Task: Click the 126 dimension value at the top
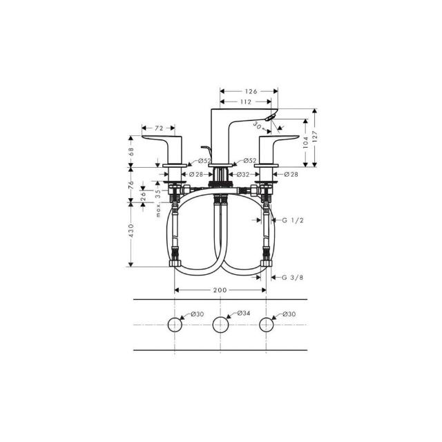(x=251, y=91)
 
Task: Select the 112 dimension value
(x=246, y=102)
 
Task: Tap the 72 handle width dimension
(x=159, y=128)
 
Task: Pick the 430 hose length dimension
(x=131, y=230)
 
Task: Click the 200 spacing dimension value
(x=220, y=290)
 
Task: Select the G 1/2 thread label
(x=293, y=220)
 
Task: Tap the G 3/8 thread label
(x=293, y=278)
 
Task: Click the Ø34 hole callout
(x=244, y=313)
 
